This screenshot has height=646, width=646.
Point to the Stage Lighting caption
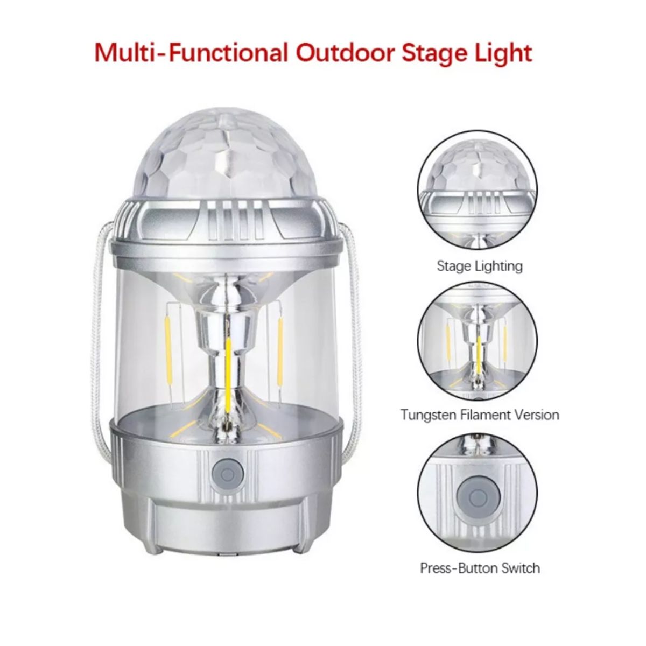(479, 266)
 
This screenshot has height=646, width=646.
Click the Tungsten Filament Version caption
(479, 415)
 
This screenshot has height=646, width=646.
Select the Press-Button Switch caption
(479, 568)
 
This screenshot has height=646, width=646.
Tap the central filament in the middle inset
(479, 350)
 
